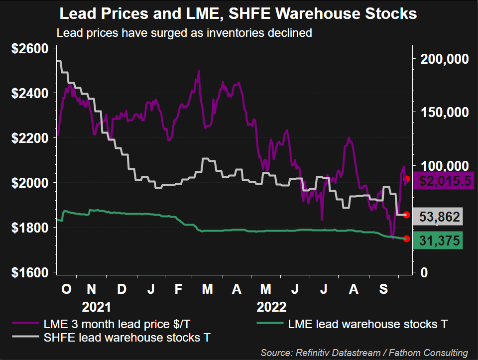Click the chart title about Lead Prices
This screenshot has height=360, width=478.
[x=238, y=14]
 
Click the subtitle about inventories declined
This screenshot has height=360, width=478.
[x=184, y=33]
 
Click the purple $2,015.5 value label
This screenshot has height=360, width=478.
[x=444, y=181]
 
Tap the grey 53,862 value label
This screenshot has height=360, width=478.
[x=440, y=217]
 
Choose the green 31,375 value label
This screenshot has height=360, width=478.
[x=440, y=241]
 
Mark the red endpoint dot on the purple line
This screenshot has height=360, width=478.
[x=407, y=179]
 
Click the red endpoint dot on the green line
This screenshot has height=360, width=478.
[x=407, y=239]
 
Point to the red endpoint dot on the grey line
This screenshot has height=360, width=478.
[x=407, y=215]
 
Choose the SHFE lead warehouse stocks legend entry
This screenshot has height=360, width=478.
[x=127, y=338]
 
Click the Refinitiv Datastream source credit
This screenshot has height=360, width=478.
[x=363, y=353]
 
